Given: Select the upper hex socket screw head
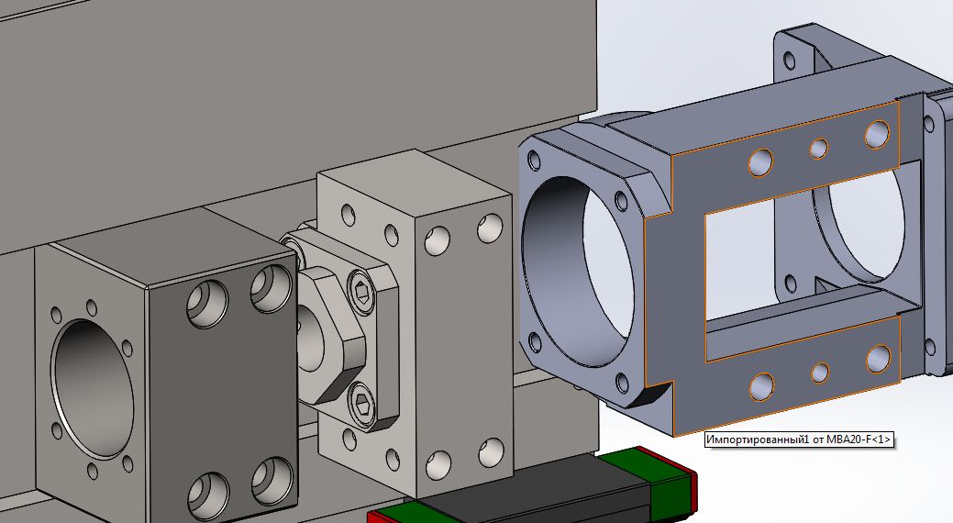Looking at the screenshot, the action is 361,293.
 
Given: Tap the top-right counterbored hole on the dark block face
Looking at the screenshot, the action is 271,289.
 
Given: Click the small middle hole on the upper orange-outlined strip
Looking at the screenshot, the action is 819,148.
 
